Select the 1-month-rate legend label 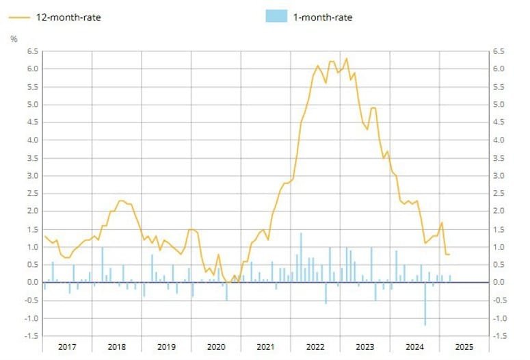pyautogui.click(x=323, y=16)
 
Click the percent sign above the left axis pyautogui.click(x=14, y=38)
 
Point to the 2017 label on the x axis pyautogui.click(x=67, y=347)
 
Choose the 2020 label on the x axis pyautogui.click(x=216, y=347)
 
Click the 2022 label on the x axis pyautogui.click(x=315, y=347)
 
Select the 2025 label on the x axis pyautogui.click(x=462, y=347)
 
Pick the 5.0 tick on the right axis pyautogui.click(x=498, y=105)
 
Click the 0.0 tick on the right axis pyautogui.click(x=498, y=283)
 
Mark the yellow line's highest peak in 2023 pyautogui.click(x=347, y=59)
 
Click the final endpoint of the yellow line pyautogui.click(x=449, y=255)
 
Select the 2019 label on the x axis pyautogui.click(x=166, y=347)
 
